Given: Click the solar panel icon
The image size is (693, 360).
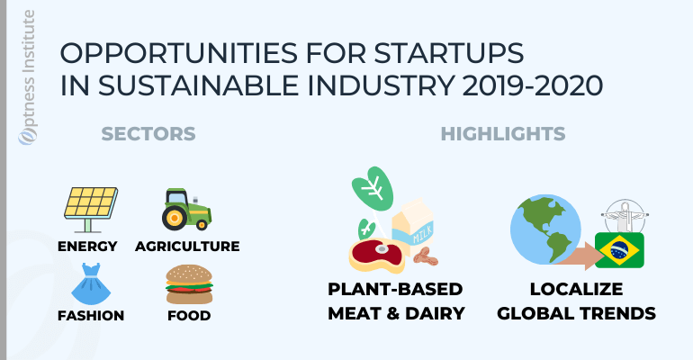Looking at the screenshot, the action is pyautogui.click(x=91, y=210).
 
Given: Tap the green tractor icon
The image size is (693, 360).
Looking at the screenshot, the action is pyautogui.click(x=186, y=210).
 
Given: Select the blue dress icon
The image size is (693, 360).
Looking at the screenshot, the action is pyautogui.click(x=91, y=283).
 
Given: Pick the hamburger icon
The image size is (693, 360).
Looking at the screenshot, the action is pyautogui.click(x=189, y=284).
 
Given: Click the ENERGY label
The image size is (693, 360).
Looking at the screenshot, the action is pyautogui.click(x=87, y=246).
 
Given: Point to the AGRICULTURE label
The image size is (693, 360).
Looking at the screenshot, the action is pyautogui.click(x=187, y=246).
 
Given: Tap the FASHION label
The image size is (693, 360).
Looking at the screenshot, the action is pyautogui.click(x=91, y=315).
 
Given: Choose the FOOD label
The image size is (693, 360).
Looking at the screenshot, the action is pyautogui.click(x=189, y=315).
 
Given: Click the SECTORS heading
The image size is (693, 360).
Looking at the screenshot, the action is pyautogui.click(x=148, y=134).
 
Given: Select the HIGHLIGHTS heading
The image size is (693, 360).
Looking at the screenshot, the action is pyautogui.click(x=503, y=134).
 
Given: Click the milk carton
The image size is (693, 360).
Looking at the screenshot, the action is pyautogui.click(x=413, y=228).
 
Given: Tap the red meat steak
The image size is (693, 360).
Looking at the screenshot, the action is pyautogui.click(x=377, y=256).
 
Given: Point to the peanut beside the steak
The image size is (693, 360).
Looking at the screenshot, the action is pyautogui.click(x=425, y=257).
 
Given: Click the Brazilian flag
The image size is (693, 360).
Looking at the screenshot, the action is pyautogui.click(x=619, y=250).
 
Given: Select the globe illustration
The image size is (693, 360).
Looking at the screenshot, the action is pyautogui.click(x=545, y=229).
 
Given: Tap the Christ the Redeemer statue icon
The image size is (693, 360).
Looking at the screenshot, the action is pyautogui.click(x=625, y=216).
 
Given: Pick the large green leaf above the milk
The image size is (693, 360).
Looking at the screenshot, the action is pyautogui.click(x=373, y=189).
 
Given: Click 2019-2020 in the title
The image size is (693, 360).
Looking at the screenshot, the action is pyautogui.click(x=533, y=85).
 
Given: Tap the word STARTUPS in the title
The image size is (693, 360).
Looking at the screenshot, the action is pyautogui.click(x=449, y=53).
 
